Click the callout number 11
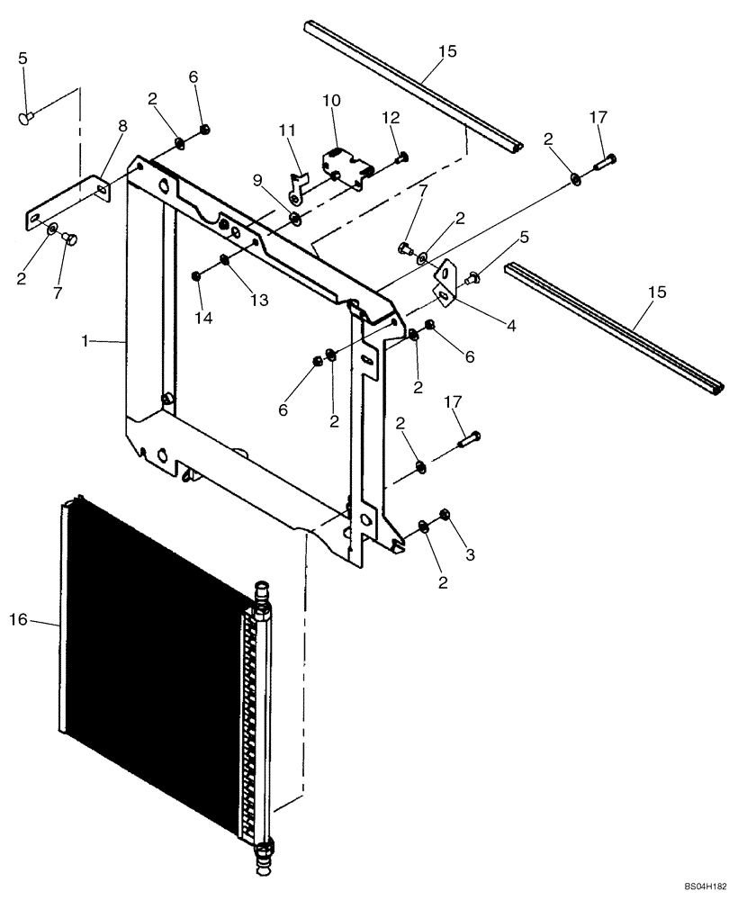[287, 131]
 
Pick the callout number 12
[390, 118]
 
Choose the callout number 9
[258, 180]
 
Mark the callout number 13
[259, 300]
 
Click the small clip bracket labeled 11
[295, 187]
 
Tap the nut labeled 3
[444, 515]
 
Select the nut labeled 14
[196, 275]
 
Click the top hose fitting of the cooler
[262, 594]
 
